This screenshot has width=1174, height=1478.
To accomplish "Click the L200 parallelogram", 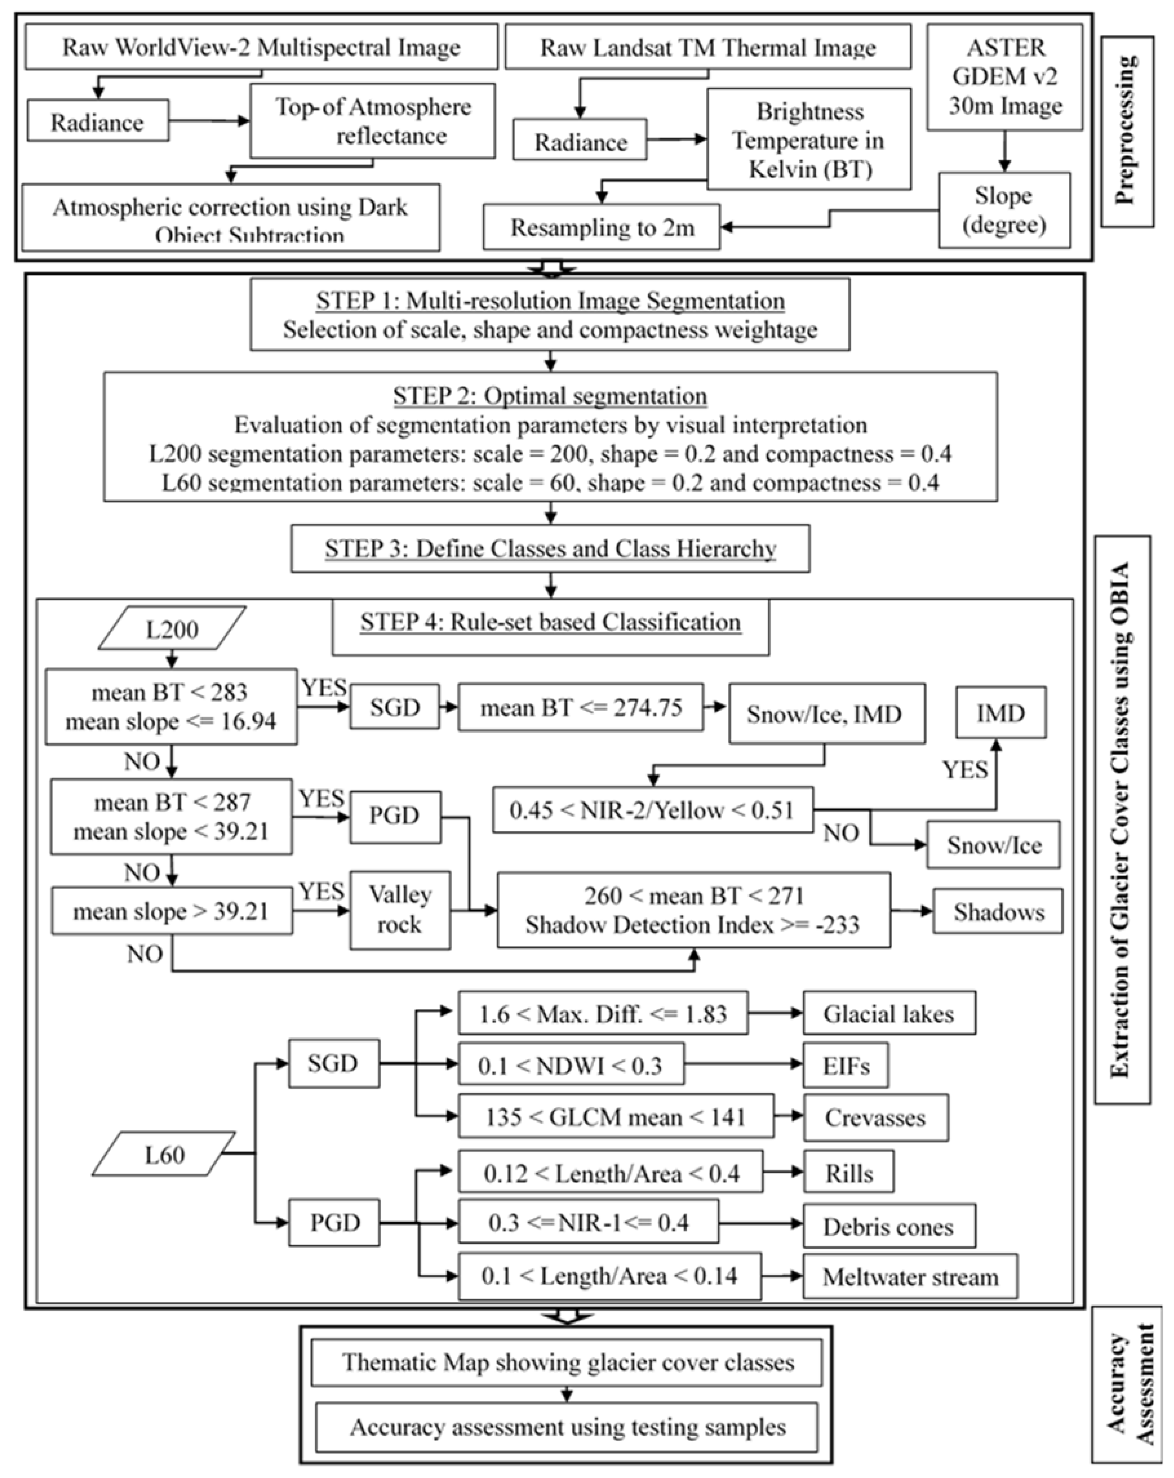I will tap(172, 628).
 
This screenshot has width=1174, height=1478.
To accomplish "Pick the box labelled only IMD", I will tap(1001, 713).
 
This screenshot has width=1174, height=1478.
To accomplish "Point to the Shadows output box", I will tap(998, 911).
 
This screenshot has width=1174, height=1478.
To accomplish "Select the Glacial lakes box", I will tap(889, 1013).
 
